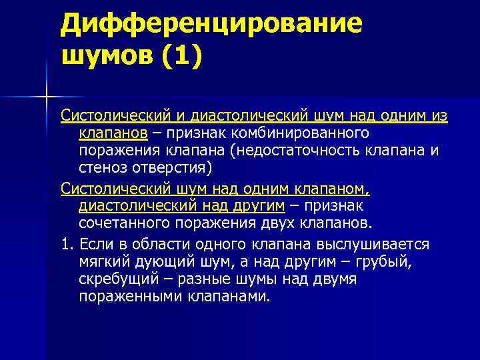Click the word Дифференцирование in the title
(211, 23)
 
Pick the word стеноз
(101, 167)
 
